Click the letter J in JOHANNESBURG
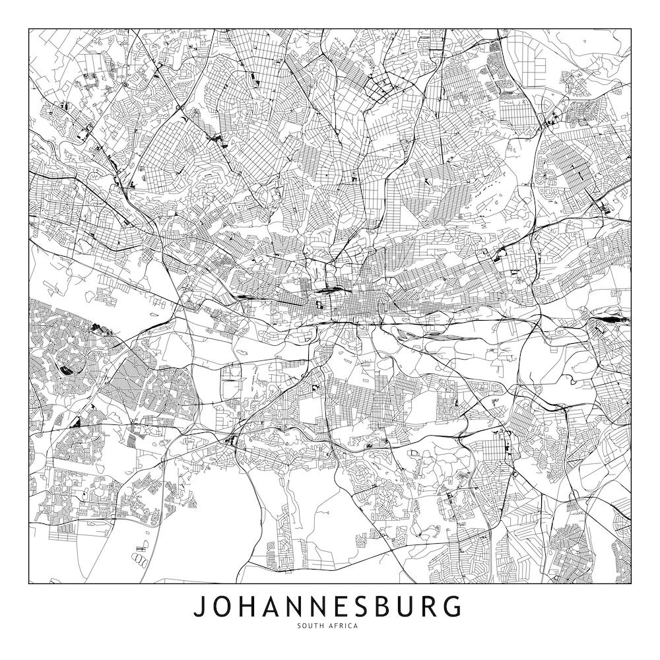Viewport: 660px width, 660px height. pos(199,607)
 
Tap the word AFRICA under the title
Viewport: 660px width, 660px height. pos(345,626)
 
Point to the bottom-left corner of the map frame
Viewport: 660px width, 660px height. pos(29,584)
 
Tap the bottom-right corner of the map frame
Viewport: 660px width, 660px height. pos(631,584)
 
